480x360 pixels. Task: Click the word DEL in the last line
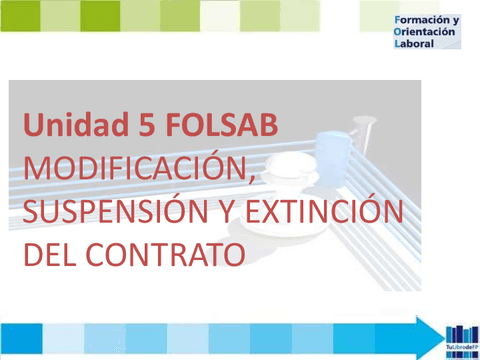pos(54,254)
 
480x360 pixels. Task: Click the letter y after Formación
pos(455,21)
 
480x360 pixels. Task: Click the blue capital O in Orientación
pos(399,32)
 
